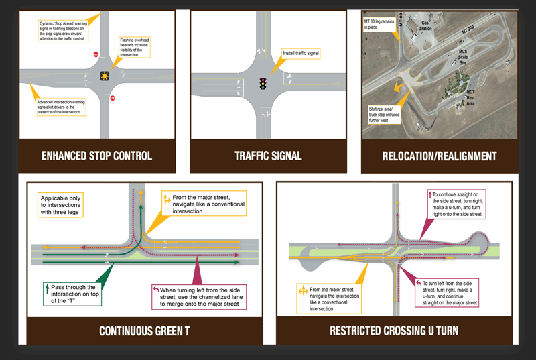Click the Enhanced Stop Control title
pyautogui.click(x=96, y=156)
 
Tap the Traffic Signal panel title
pyautogui.click(x=268, y=156)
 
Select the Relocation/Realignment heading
pyautogui.click(x=439, y=156)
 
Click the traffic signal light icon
pyautogui.click(x=263, y=84)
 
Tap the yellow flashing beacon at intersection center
pyautogui.click(x=105, y=76)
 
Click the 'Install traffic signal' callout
pyautogui.click(x=299, y=52)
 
